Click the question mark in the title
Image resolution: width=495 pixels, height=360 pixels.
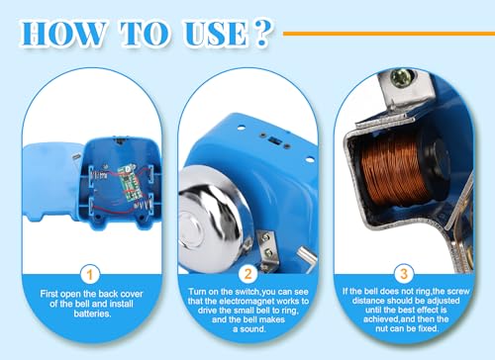[262, 33]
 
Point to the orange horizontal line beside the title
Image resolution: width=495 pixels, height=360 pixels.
[389, 34]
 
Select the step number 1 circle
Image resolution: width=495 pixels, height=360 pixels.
[90, 274]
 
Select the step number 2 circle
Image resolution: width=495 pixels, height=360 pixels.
[247, 274]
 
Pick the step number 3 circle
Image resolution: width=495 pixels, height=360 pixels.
[404, 274]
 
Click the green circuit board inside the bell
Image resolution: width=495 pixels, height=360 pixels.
[131, 182]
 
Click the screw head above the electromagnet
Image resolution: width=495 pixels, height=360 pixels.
[402, 78]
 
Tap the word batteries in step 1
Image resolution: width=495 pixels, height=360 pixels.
[92, 314]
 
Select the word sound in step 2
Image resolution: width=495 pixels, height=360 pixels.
[254, 328]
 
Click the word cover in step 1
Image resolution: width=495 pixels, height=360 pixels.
[132, 294]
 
